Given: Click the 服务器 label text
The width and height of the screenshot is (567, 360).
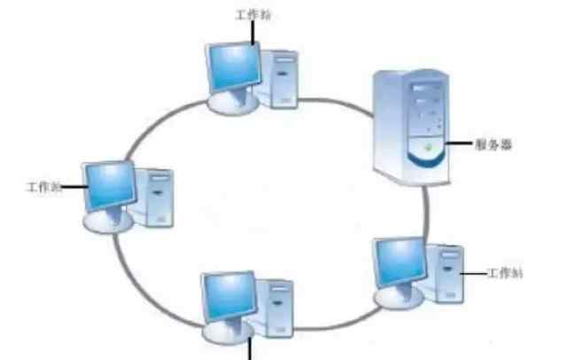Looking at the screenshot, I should [x=494, y=143].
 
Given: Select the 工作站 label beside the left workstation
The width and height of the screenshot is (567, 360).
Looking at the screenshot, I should [x=43, y=187].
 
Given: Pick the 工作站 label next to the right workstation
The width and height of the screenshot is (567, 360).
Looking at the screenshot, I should [x=506, y=274].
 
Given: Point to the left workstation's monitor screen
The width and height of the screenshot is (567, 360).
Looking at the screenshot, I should [x=105, y=184].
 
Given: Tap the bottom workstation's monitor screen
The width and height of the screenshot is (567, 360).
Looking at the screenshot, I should [x=226, y=297].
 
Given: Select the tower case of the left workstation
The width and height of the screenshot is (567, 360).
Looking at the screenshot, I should [x=160, y=198].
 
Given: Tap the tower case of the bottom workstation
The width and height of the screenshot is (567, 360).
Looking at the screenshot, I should [x=278, y=309].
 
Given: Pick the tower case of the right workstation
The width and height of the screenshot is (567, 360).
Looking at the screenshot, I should [x=448, y=274].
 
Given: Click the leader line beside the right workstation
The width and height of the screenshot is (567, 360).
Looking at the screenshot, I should [x=476, y=274].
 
